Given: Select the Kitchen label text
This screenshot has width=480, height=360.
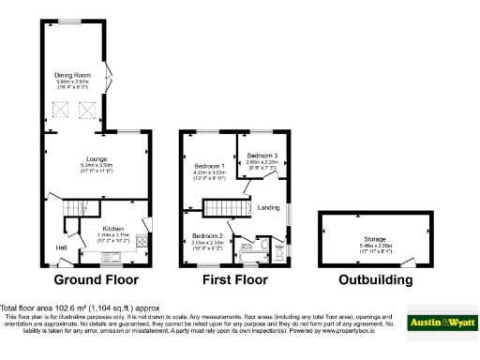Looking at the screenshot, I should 112,228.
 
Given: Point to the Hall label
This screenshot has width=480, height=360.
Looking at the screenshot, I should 61,247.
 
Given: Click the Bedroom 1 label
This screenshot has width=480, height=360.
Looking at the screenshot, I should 210,164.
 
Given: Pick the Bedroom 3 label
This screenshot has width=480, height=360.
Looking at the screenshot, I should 263,154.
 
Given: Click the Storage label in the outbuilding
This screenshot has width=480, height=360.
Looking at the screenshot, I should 362,238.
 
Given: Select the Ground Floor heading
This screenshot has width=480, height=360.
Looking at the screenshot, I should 96,279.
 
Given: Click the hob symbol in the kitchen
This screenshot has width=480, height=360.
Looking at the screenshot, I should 142,243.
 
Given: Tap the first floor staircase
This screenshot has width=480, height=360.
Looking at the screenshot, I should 224,207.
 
